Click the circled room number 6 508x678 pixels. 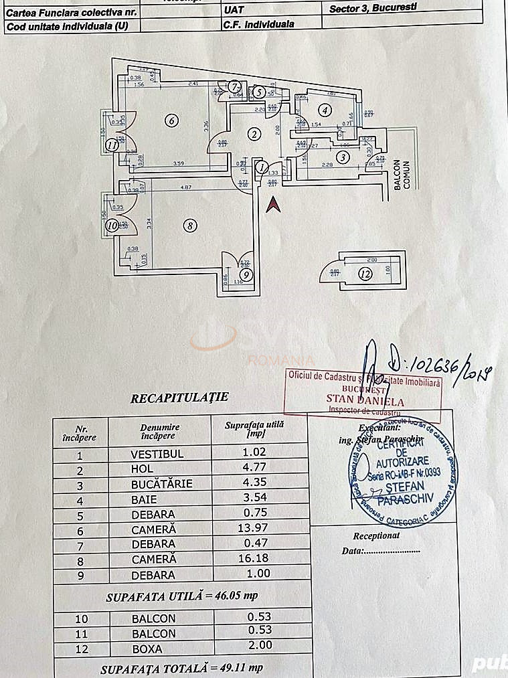(172, 121)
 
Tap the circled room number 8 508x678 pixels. (191, 226)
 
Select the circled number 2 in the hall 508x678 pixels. (254, 134)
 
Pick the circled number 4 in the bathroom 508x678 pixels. (325, 110)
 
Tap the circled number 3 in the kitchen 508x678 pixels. (343, 157)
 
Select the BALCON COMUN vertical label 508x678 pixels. (402, 175)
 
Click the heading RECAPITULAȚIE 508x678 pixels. (179, 397)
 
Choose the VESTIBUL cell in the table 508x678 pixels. (157, 453)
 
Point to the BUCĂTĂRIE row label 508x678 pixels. (161, 484)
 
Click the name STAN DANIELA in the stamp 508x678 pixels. (365, 402)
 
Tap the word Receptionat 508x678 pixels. (376, 535)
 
